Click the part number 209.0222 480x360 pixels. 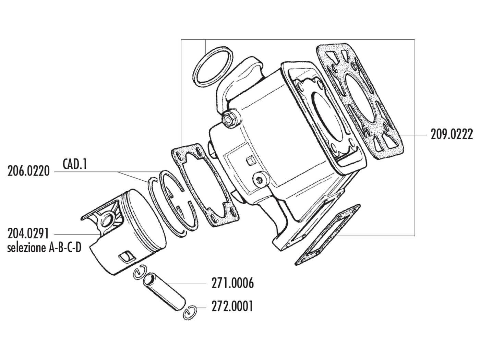pyautogui.click(x=451, y=134)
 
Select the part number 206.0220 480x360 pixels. pyautogui.click(x=28, y=171)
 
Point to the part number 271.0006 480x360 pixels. pyautogui.click(x=233, y=284)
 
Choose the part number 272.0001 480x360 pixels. pyautogui.click(x=233, y=306)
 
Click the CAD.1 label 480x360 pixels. pyautogui.click(x=75, y=164)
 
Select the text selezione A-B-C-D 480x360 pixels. pyautogui.click(x=44, y=248)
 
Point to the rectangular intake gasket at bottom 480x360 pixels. pyautogui.click(x=327, y=235)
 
